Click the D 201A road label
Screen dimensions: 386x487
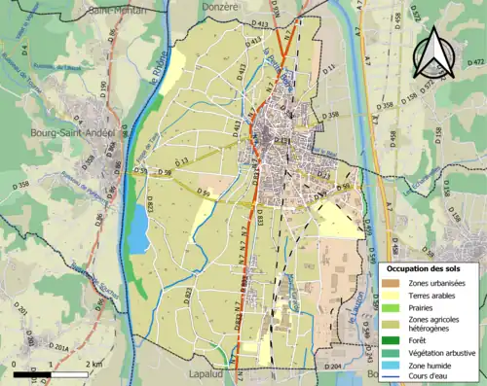[x=56, y=347]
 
